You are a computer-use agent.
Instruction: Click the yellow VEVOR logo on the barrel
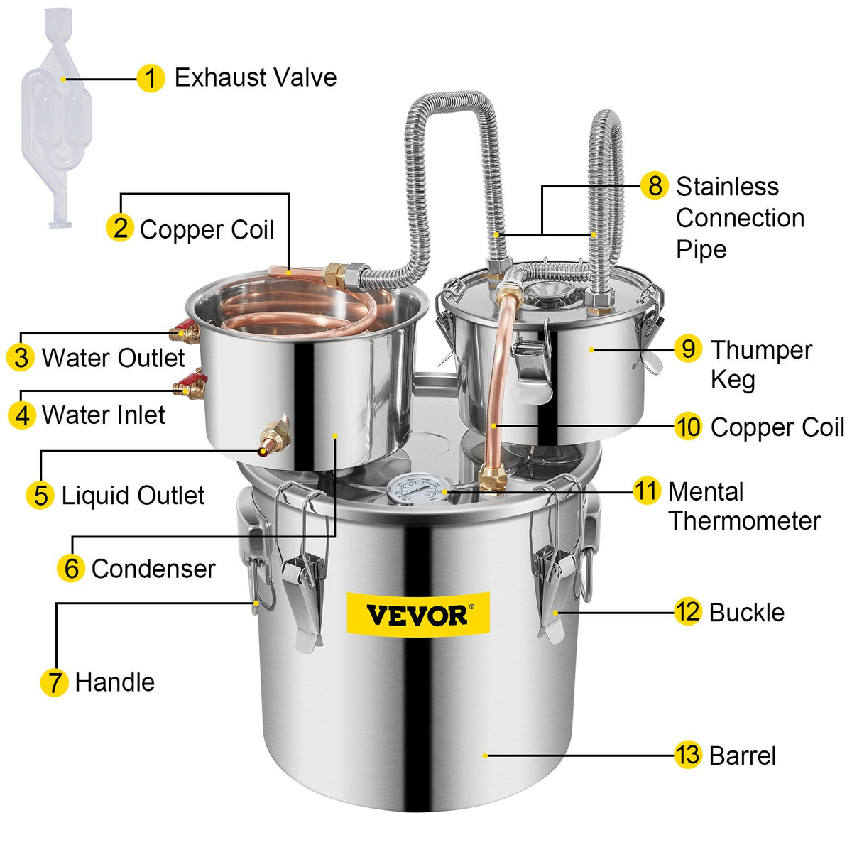[417, 613]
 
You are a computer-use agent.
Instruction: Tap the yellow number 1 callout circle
[151, 78]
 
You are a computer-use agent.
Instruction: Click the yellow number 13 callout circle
[687, 755]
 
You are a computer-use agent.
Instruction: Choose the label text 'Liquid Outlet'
[133, 496]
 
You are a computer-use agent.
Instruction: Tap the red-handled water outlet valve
[185, 331]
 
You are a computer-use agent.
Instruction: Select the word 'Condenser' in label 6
[153, 569]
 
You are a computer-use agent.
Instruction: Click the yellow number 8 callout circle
[654, 186]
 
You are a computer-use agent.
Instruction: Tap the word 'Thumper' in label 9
[761, 350]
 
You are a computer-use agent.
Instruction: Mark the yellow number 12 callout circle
[687, 612]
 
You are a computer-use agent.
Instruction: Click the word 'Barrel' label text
[742, 755]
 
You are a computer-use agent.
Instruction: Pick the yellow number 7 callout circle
[54, 682]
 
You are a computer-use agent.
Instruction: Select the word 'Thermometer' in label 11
[744, 521]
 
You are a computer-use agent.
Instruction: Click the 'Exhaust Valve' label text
[256, 77]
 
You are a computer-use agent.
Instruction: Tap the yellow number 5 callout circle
[40, 496]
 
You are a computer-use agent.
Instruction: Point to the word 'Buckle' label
[747, 613]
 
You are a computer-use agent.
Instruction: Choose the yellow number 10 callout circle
[687, 427]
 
